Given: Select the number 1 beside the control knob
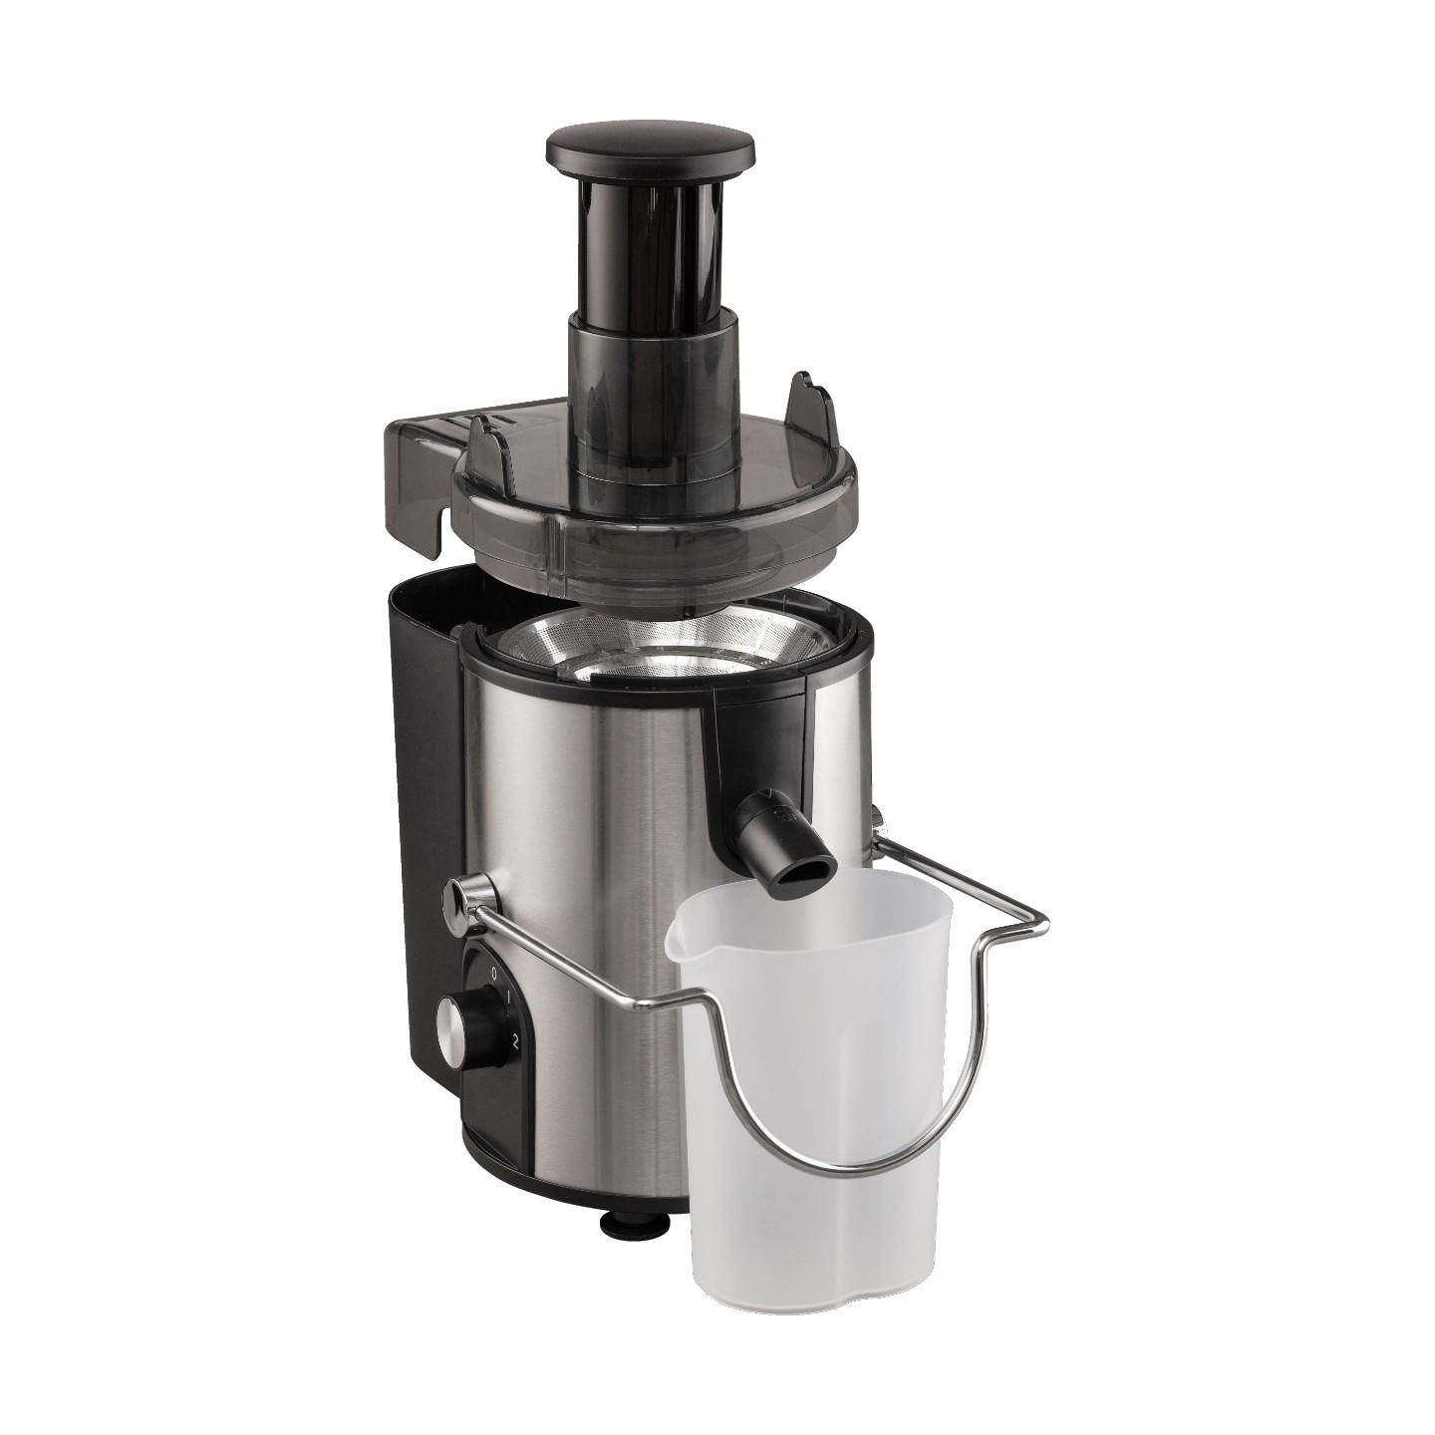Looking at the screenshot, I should [507, 1000].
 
